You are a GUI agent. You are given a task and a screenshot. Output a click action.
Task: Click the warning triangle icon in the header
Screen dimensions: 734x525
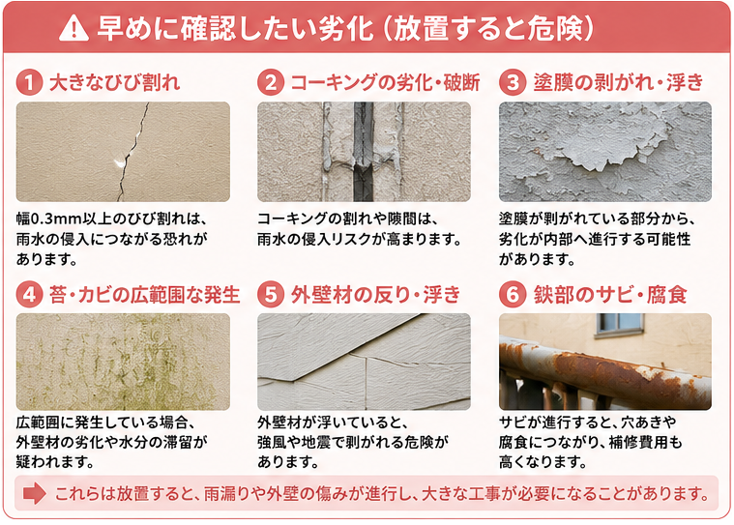pyautogui.click(x=73, y=29)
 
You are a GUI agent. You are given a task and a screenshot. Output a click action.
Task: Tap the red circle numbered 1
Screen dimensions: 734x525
pyautogui.click(x=29, y=83)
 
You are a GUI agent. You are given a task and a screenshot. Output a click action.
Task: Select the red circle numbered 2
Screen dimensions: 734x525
pyautogui.click(x=271, y=83)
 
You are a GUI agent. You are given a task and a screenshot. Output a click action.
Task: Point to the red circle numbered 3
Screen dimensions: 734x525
pyautogui.click(x=513, y=83)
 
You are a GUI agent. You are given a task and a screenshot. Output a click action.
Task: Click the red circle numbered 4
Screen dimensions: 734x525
pyautogui.click(x=29, y=295)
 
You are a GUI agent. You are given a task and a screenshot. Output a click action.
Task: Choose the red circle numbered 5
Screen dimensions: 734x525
pyautogui.click(x=271, y=295)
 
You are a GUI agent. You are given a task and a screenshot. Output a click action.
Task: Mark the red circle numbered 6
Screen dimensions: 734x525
pyautogui.click(x=513, y=295)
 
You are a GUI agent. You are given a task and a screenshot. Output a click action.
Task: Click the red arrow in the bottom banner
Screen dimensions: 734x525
pyautogui.click(x=34, y=494)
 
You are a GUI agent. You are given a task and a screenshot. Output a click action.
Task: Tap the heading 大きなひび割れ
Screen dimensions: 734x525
pyautogui.click(x=114, y=83)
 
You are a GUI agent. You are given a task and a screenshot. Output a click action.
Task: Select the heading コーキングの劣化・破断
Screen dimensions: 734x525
pyautogui.click(x=385, y=83)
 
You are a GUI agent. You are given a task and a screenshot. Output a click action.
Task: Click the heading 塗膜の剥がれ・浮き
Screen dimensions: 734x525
pyautogui.click(x=618, y=83)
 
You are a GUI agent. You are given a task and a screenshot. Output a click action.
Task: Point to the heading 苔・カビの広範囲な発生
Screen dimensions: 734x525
pyautogui.click(x=145, y=295)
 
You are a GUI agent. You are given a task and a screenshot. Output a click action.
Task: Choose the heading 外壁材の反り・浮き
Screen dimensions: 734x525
pyautogui.click(x=375, y=295)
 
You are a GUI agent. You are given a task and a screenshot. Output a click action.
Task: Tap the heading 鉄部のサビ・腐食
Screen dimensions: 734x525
pyautogui.click(x=610, y=295)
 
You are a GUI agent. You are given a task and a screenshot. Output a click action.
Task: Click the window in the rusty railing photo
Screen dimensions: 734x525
pyautogui.click(x=620, y=325)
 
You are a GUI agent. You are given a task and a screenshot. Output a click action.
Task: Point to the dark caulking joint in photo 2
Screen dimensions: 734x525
pyautogui.click(x=364, y=152)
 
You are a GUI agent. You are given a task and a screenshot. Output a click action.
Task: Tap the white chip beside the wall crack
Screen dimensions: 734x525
pyautogui.click(x=120, y=162)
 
